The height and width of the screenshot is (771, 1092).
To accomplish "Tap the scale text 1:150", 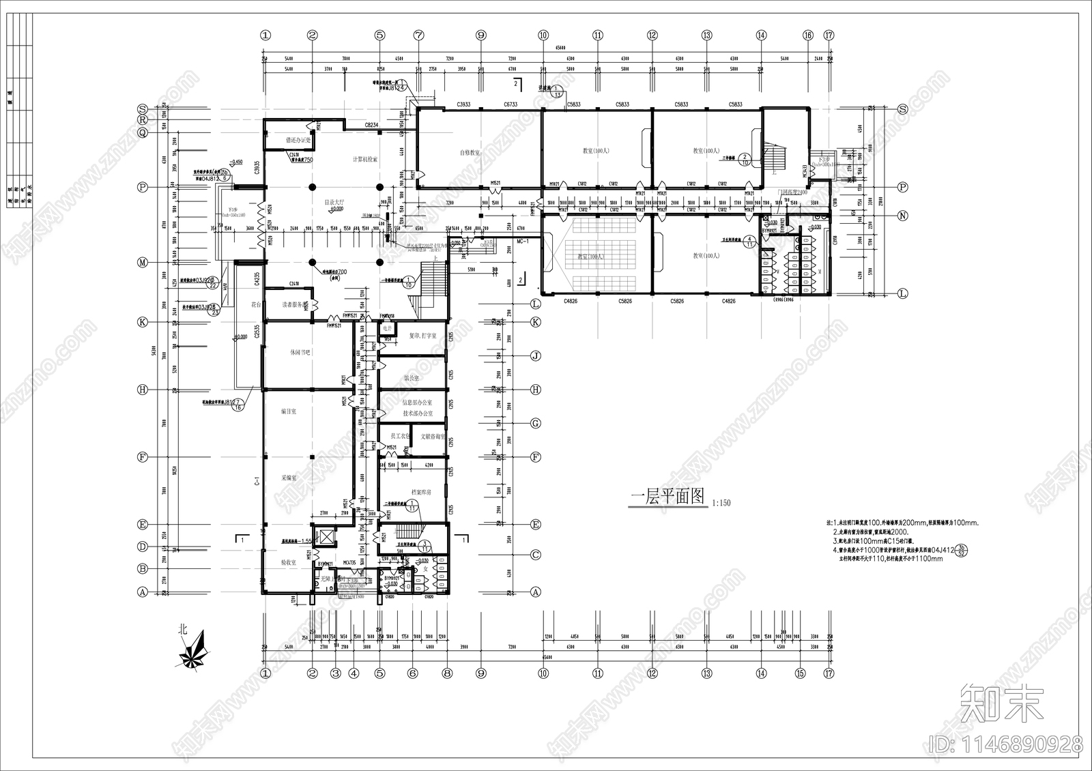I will click(721, 503).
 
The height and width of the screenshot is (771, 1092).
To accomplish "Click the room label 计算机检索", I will click(365, 159).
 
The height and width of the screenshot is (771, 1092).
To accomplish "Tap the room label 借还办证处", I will click(298, 140).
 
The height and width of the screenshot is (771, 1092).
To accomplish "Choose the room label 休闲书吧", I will click(296, 352).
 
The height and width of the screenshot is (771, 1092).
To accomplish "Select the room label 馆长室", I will click(411, 377).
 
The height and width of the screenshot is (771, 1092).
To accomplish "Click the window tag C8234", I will click(371, 126).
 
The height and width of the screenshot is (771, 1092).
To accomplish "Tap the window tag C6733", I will click(511, 104).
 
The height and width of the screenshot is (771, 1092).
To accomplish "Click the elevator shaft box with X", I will click(326, 537).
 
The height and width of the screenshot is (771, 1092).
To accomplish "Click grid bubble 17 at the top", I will click(829, 35).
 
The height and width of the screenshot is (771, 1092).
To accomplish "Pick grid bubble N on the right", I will click(902, 216).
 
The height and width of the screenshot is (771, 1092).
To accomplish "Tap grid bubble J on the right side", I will click(536, 355).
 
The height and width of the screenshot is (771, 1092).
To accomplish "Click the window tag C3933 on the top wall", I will click(463, 104).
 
